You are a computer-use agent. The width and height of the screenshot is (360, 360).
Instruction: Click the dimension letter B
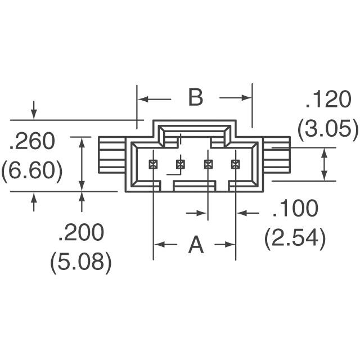pyautogui.click(x=195, y=98)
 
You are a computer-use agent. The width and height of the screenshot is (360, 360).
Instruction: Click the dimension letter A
pyautogui.click(x=195, y=245)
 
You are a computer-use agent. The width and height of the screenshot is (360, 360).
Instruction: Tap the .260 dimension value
pyautogui.click(x=32, y=142)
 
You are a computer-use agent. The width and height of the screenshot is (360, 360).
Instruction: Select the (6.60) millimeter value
pyautogui.click(x=32, y=170)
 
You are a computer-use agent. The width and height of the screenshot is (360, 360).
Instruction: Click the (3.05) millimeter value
pyautogui.click(x=328, y=130)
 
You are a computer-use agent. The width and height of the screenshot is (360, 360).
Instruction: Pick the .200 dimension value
pyautogui.click(x=80, y=232)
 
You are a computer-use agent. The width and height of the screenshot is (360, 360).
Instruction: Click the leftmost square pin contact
pyautogui.click(x=153, y=164)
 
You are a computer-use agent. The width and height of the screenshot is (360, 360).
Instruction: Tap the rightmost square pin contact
pyautogui.click(x=236, y=164)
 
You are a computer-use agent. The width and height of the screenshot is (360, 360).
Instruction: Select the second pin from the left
pyautogui.click(x=181, y=164)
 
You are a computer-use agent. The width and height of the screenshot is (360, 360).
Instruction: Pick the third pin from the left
pyautogui.click(x=208, y=164)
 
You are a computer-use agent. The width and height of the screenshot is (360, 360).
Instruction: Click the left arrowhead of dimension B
pyautogui.click(x=141, y=99)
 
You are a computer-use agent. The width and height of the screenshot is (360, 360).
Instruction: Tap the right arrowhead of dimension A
pyautogui.click(x=231, y=245)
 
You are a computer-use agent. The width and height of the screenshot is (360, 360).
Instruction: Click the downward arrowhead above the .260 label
pyautogui.click(x=34, y=115)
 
